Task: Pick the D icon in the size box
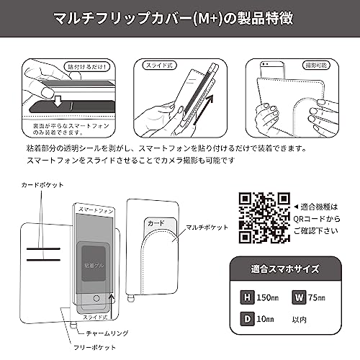click(247, 318)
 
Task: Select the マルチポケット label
click(212, 226)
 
